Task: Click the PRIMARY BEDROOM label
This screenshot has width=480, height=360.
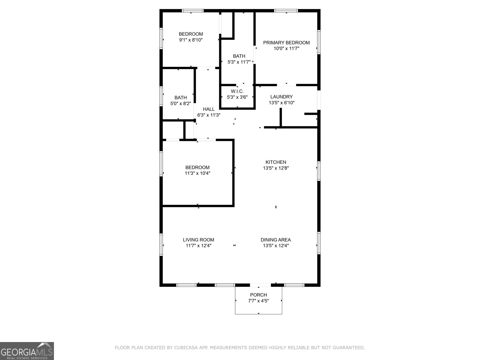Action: pyautogui.click(x=286, y=43)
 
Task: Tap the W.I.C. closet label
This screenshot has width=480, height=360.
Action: pyautogui.click(x=237, y=91)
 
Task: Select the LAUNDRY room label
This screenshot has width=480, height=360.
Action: pyautogui.click(x=281, y=97)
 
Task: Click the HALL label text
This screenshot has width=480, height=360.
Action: pyautogui.click(x=208, y=109)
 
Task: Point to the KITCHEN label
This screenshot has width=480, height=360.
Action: pyautogui.click(x=276, y=162)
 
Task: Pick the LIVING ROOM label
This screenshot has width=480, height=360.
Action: pyautogui.click(x=198, y=240)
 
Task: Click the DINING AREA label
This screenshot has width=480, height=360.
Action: pyautogui.click(x=275, y=240)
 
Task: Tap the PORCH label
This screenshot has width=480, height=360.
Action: pyautogui.click(x=258, y=295)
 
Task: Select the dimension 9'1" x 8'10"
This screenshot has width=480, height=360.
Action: pyautogui.click(x=191, y=40)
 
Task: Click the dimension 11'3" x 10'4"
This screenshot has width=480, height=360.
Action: pyautogui.click(x=197, y=173)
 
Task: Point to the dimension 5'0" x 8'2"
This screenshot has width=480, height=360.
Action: pyautogui.click(x=181, y=103)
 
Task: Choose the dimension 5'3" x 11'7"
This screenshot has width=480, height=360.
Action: pyautogui.click(x=239, y=62)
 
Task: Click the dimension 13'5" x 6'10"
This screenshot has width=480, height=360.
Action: pyautogui.click(x=281, y=103)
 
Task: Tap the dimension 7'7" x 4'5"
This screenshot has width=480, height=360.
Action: pyautogui.click(x=258, y=301)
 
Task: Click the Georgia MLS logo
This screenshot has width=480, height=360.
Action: pyautogui.click(x=27, y=351)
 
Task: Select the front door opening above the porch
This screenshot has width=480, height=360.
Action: pyautogui.click(x=260, y=285)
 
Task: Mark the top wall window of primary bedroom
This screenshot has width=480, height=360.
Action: pyautogui.click(x=286, y=11)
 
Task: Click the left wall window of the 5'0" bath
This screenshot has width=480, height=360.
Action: pyautogui.click(x=161, y=96)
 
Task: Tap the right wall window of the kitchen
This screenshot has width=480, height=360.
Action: pyautogui.click(x=319, y=171)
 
